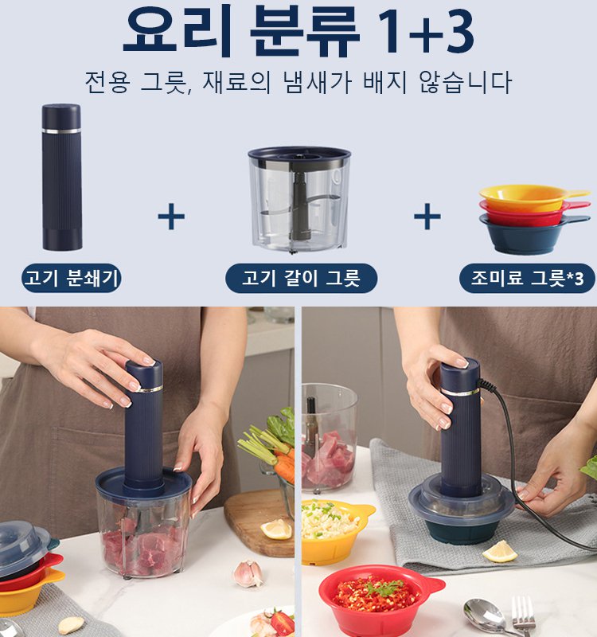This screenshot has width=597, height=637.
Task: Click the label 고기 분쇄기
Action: click(72, 279)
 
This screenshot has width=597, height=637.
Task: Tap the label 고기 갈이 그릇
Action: click(299, 279)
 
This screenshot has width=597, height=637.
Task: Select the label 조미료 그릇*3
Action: click(527, 279)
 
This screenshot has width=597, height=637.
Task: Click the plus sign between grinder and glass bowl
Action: click(171, 216)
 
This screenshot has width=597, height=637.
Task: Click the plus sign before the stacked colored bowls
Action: click(427, 216)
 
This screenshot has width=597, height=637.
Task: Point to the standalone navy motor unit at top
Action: click(62, 177)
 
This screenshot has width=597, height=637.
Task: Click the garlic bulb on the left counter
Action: click(248, 573)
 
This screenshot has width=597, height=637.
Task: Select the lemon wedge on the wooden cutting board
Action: click(277, 529)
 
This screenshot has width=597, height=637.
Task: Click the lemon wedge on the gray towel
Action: click(500, 551)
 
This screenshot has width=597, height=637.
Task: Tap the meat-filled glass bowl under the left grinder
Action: click(143, 533)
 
